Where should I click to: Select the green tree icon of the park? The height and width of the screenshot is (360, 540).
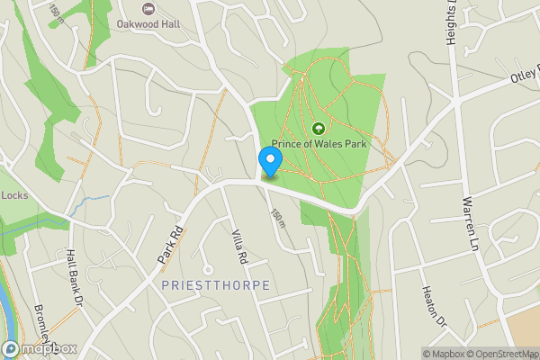tap(319, 128)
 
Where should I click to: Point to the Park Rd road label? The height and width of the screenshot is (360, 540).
tap(170, 244)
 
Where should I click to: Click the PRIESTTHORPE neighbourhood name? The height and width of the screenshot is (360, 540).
tap(216, 284)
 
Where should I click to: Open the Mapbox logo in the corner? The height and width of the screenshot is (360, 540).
tap(40, 348)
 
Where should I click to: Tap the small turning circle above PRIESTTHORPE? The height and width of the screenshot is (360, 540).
tap(208, 268)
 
